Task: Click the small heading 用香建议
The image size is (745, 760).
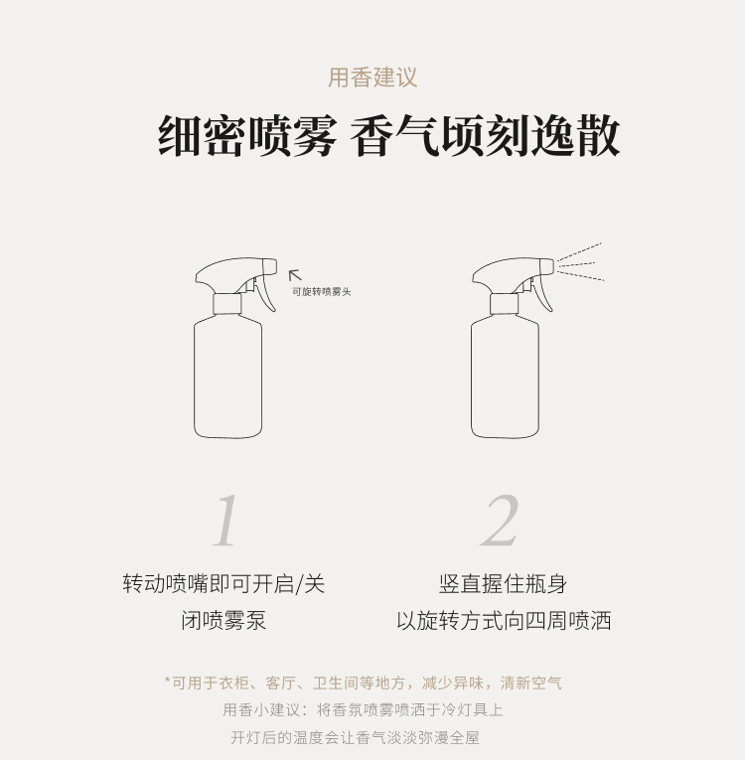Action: tap(372, 77)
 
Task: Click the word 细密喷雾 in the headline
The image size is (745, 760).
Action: tap(247, 136)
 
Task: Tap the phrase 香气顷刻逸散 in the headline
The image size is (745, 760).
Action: tap(485, 136)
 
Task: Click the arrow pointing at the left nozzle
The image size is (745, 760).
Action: tap(295, 275)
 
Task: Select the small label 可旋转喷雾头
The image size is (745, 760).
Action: tap(322, 292)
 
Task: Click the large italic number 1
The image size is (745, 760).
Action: tap(226, 521)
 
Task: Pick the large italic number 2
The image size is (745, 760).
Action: tap(500, 521)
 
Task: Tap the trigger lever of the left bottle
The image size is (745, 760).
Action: tap(266, 292)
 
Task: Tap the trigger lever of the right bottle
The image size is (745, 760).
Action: tap(543, 292)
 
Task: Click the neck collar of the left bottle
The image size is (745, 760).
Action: tap(227, 304)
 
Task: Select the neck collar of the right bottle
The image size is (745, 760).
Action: tap(504, 304)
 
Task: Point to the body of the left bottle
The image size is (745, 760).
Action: tap(227, 377)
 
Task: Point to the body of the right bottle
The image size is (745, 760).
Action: tap(505, 377)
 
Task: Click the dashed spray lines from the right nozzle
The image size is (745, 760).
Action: tap(580, 262)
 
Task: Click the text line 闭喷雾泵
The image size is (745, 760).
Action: tap(223, 620)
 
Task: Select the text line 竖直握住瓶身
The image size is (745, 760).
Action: tap(504, 583)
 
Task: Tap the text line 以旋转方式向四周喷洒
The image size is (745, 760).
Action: tap(504, 620)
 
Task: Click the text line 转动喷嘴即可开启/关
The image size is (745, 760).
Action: tap(223, 583)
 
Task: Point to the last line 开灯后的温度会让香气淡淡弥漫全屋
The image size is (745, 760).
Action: tap(355, 738)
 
